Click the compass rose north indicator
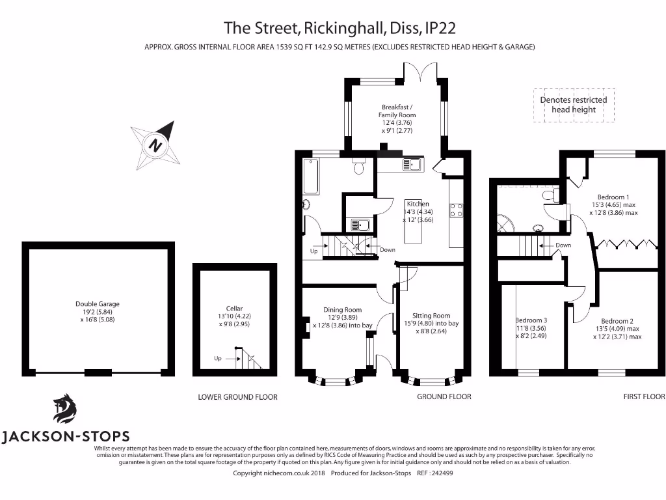[x=156, y=144]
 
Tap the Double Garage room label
[x=98, y=311]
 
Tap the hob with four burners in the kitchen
[x=455, y=210]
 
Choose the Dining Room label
[x=343, y=318]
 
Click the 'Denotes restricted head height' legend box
[x=574, y=105]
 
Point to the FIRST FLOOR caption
[x=643, y=396]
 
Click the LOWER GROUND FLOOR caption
[x=237, y=397]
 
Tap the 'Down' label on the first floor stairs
[x=563, y=245]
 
